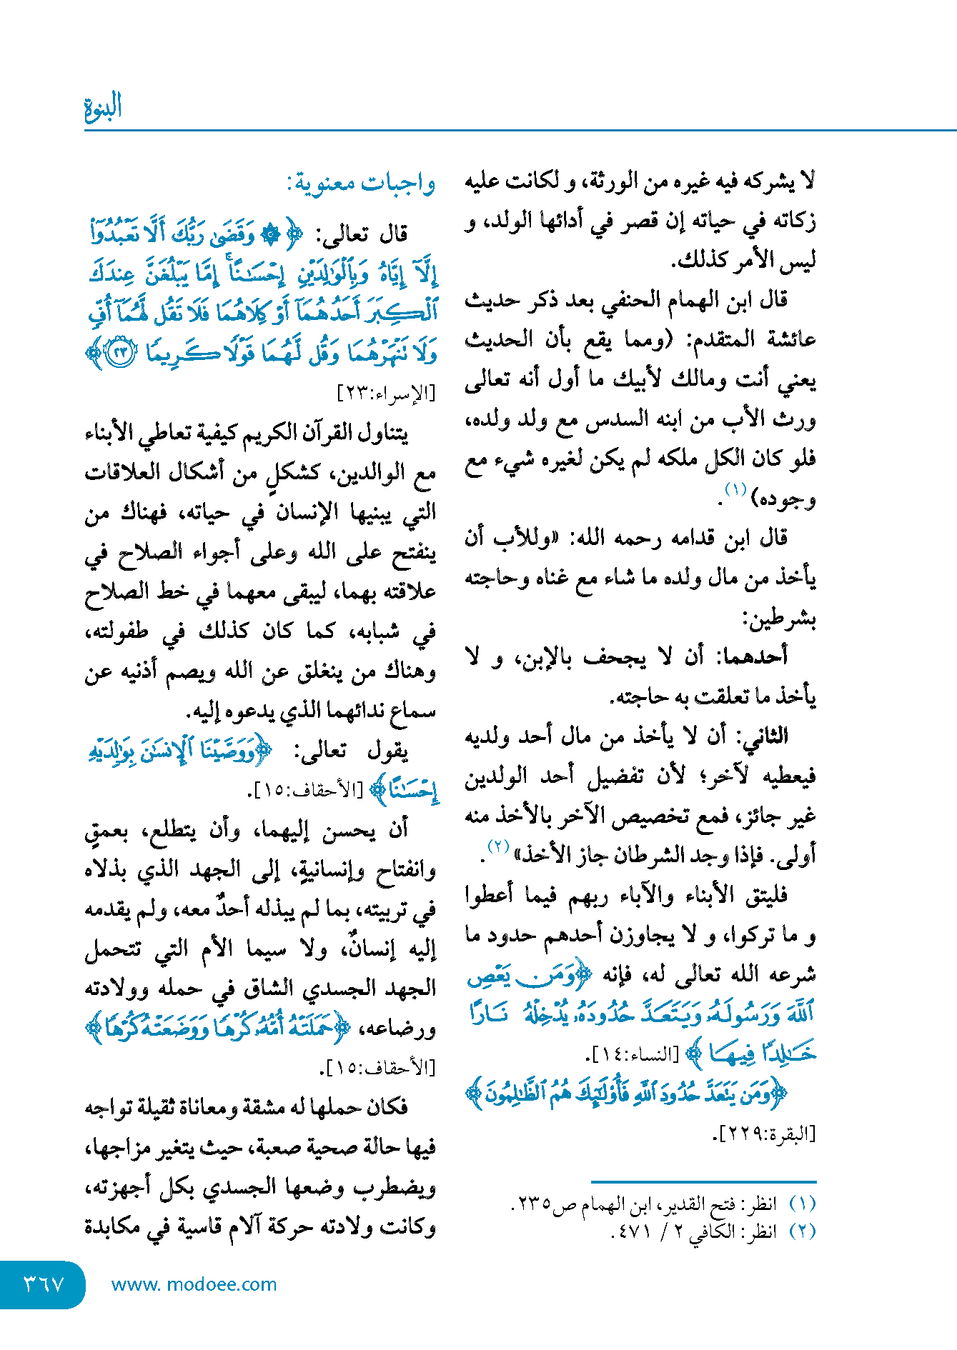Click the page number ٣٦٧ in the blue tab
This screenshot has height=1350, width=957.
44,1284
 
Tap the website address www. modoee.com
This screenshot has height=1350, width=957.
194,1284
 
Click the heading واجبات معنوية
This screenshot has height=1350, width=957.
362,184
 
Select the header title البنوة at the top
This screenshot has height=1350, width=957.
103,107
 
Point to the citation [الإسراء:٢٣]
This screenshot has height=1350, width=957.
386,392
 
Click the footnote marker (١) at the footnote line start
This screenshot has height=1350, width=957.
802,1204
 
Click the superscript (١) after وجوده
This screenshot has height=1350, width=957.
735,490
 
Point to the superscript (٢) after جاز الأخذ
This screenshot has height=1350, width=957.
497,847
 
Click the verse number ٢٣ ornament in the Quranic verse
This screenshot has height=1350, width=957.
120,352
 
